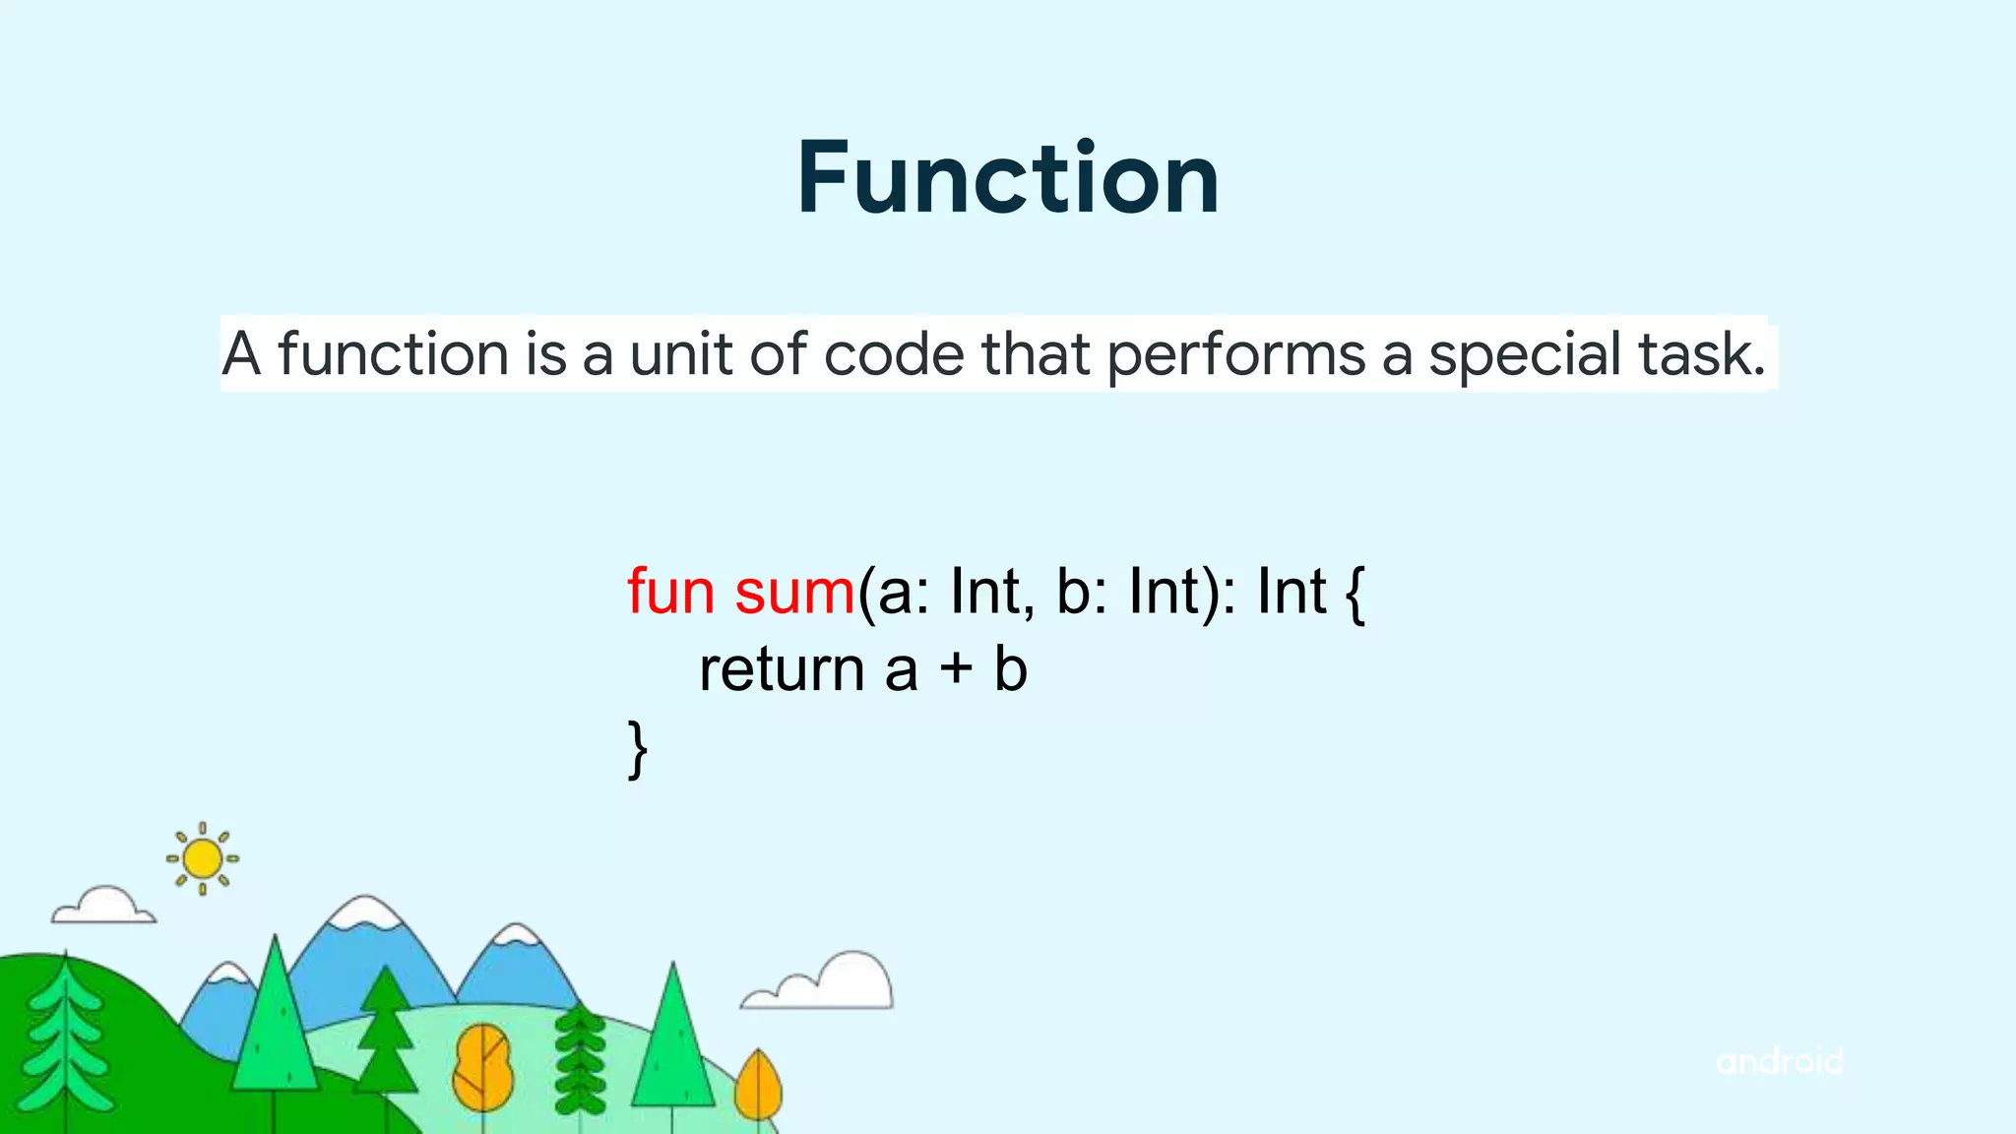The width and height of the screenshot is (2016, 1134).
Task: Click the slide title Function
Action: (1008, 178)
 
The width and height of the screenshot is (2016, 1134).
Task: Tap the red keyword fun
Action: (670, 592)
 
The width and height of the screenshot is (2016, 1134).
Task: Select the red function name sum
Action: (794, 592)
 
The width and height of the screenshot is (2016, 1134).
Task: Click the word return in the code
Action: (782, 670)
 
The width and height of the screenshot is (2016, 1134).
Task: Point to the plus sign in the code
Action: (955, 670)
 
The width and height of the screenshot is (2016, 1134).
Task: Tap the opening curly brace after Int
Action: (1355, 594)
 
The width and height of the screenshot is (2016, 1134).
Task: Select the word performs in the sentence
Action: (1236, 355)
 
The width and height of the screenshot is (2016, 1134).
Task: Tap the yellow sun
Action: (203, 858)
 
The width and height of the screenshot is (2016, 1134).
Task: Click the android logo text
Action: (1779, 1061)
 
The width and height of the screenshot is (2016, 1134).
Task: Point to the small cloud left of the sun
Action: (103, 907)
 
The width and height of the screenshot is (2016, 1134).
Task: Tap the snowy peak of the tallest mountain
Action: (365, 911)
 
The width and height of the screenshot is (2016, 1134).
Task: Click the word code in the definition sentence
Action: (894, 353)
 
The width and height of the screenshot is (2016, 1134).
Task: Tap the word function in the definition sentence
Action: (393, 353)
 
